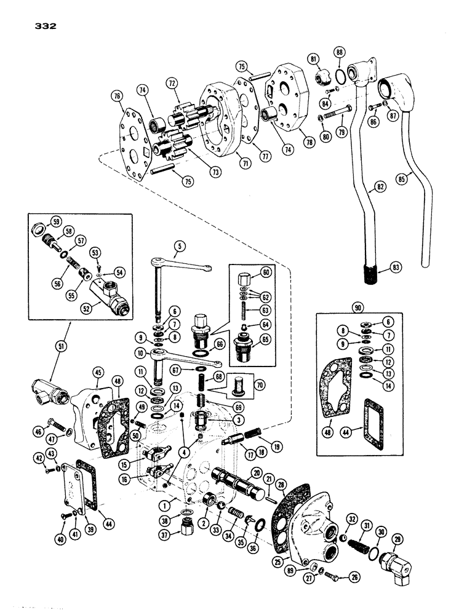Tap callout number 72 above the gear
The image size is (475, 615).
coord(172,82)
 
